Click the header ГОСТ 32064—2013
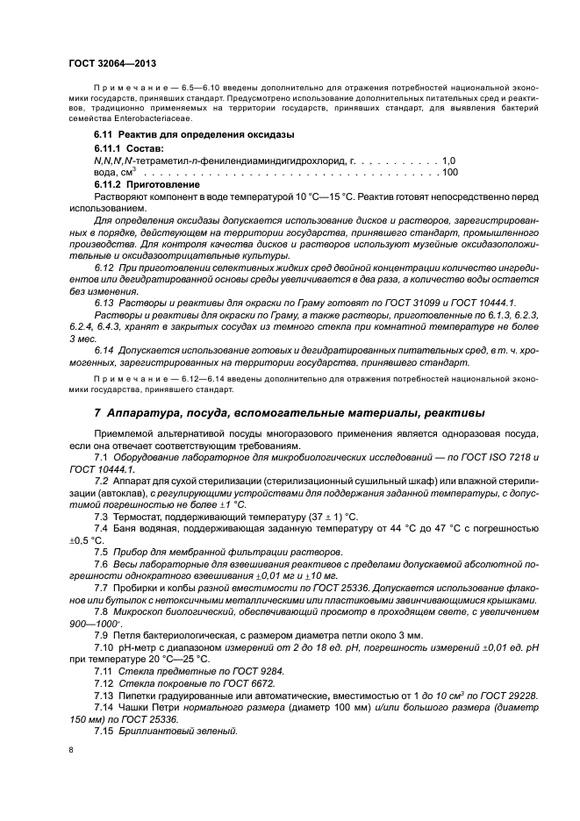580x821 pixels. tap(111, 63)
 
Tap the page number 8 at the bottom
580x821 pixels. tap(71, 751)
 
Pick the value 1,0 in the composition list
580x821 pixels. tap(448, 161)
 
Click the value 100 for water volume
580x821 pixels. tap(449, 172)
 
